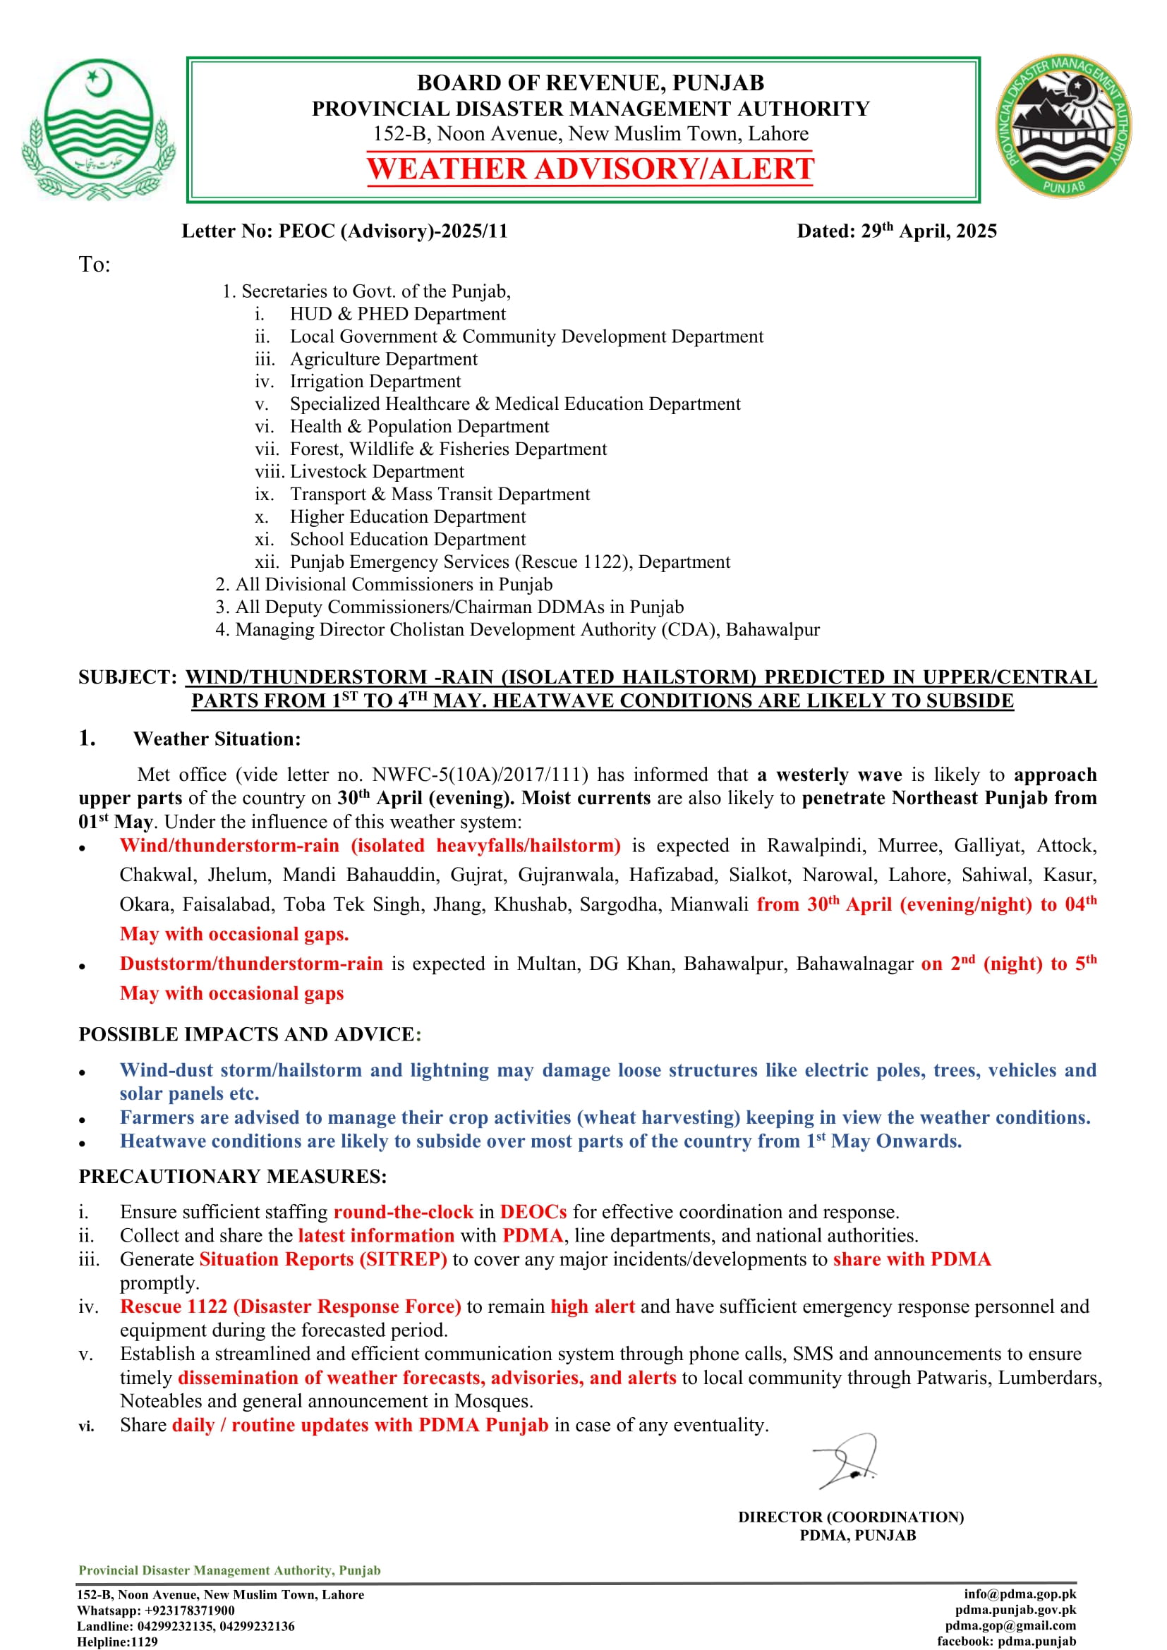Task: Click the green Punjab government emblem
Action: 99,129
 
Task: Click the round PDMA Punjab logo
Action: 1063,126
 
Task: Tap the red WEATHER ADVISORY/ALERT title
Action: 590,169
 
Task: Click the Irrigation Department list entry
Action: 375,382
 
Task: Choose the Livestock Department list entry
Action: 377,472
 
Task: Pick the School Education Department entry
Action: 407,540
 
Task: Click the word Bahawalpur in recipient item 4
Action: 773,630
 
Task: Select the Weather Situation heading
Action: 217,739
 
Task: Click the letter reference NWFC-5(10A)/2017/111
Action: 480,775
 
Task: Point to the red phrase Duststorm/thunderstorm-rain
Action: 250,964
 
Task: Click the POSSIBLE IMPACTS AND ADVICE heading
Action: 249,1035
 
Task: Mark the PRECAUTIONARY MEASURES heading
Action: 232,1177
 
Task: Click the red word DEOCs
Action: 533,1213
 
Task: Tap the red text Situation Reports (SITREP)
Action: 323,1260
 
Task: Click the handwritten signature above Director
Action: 846,1461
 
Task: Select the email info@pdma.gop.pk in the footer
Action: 1020,1594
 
